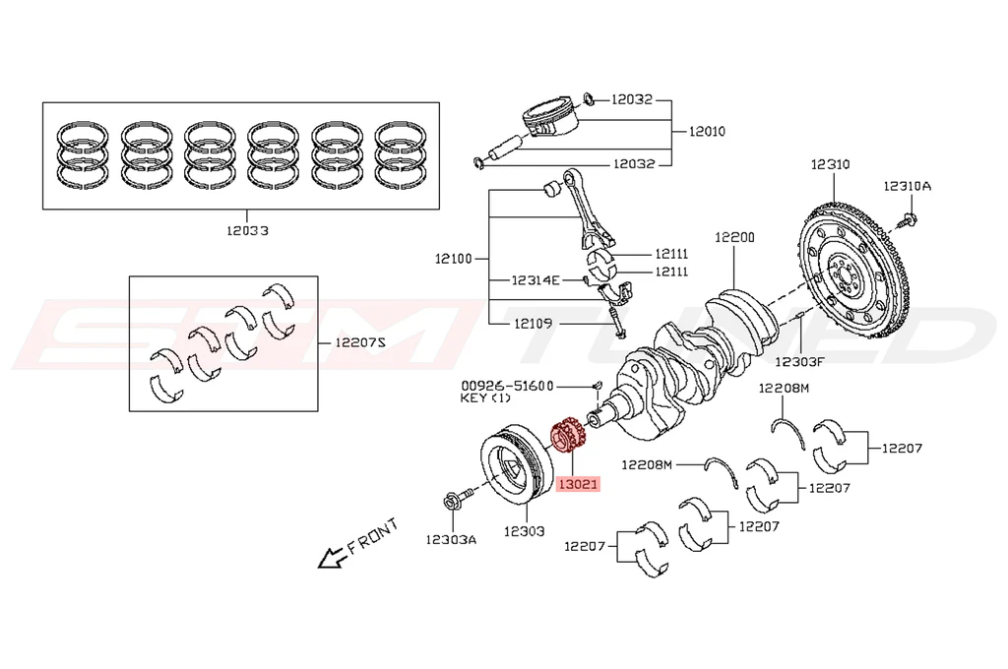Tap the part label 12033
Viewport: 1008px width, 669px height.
pyautogui.click(x=247, y=231)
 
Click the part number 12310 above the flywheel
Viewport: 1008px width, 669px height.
pyautogui.click(x=830, y=165)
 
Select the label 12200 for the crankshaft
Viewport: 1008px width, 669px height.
pyautogui.click(x=734, y=237)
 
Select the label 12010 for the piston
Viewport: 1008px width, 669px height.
pyautogui.click(x=707, y=131)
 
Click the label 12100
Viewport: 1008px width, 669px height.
pyautogui.click(x=455, y=260)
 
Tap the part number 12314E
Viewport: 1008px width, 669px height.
pyautogui.click(x=535, y=280)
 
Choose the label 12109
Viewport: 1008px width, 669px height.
pyautogui.click(x=533, y=323)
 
